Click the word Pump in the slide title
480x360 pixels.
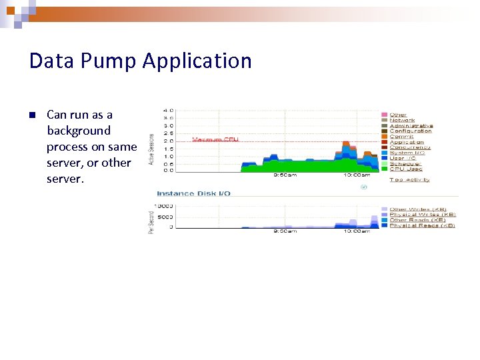coord(107,61)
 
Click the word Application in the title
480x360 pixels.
coord(197,61)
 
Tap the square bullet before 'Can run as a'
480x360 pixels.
coord(31,115)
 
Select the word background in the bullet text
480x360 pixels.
coord(78,131)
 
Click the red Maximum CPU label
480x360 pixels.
coord(215,139)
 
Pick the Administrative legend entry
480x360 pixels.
coord(411,125)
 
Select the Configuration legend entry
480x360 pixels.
coord(410,131)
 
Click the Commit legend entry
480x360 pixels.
coord(400,137)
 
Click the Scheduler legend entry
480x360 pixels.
coord(405,163)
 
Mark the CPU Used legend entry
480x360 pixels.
coord(405,169)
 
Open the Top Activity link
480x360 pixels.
coord(409,179)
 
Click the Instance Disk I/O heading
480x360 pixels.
coord(193,193)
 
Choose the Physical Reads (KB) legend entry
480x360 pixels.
coord(422,225)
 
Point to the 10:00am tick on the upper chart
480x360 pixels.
coord(356,175)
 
